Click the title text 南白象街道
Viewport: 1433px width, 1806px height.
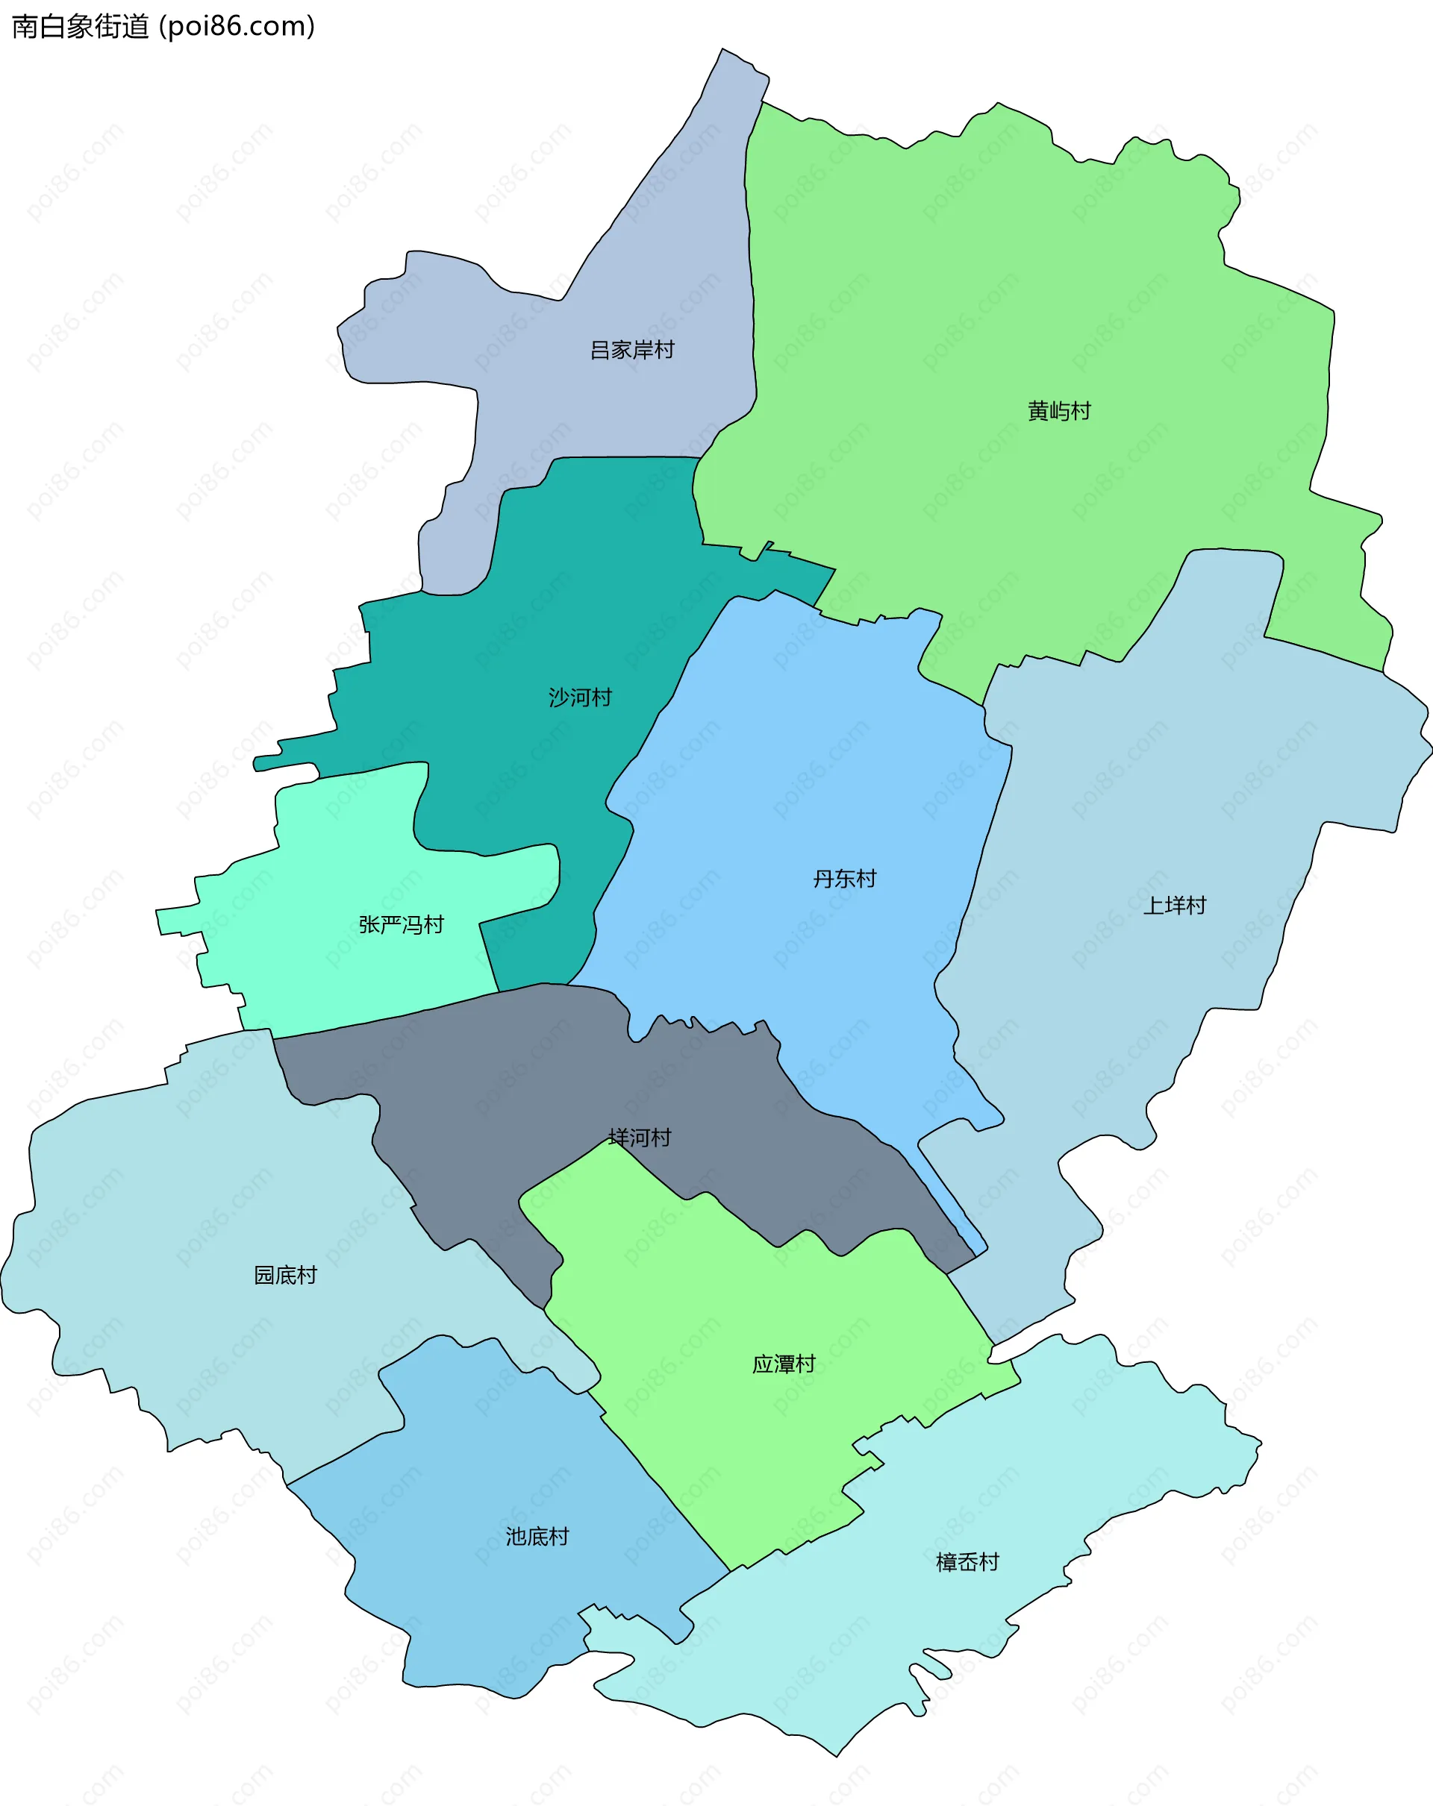(x=81, y=27)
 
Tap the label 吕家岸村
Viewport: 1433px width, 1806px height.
(x=632, y=350)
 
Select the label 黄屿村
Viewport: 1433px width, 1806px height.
(x=1059, y=411)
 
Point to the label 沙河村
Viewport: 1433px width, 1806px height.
(x=580, y=697)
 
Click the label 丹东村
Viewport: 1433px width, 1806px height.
(x=845, y=879)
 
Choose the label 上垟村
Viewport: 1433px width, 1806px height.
(x=1175, y=906)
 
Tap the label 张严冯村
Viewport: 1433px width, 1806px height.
(x=401, y=925)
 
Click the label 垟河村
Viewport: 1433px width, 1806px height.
(x=640, y=1138)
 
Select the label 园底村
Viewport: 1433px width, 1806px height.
(x=286, y=1275)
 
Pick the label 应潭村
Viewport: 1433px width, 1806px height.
(x=784, y=1364)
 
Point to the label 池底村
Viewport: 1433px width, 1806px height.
(x=537, y=1536)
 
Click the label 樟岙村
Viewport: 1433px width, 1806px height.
(x=967, y=1562)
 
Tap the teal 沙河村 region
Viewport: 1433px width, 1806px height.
(x=545, y=603)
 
